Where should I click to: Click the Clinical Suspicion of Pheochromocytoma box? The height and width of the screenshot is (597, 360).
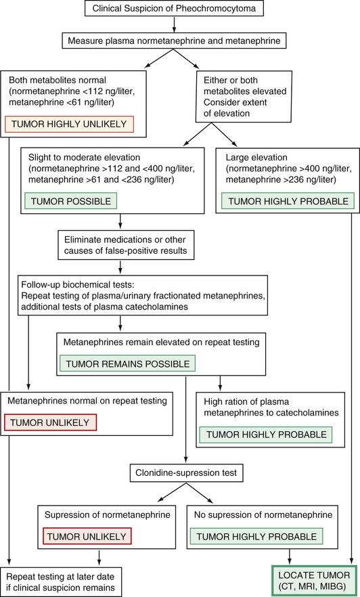point(174,8)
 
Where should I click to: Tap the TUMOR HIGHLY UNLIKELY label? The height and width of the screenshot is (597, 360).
point(69,124)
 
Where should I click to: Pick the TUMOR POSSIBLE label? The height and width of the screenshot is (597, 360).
point(71,201)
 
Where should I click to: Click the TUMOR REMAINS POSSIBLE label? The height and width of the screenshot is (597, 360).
point(127,363)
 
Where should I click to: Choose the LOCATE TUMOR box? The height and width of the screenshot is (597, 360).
point(314,580)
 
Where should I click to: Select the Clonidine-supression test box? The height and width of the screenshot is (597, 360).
point(186,473)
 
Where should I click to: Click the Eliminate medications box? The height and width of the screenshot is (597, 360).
point(126,245)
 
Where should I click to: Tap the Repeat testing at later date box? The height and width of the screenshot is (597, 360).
point(61,582)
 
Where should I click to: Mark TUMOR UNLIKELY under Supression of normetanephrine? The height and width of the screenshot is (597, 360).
point(87,537)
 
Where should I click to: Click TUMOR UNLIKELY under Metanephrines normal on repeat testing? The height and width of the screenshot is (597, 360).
point(50,422)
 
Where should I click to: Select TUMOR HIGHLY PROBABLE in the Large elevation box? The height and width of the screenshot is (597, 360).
point(288,201)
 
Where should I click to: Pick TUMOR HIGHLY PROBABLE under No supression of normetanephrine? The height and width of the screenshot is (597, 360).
point(256,537)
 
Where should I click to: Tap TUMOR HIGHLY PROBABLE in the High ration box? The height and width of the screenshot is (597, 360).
point(266,435)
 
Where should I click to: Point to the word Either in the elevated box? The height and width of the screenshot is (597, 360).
point(215,81)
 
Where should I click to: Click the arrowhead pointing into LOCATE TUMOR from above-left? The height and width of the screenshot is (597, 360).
point(290,562)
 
